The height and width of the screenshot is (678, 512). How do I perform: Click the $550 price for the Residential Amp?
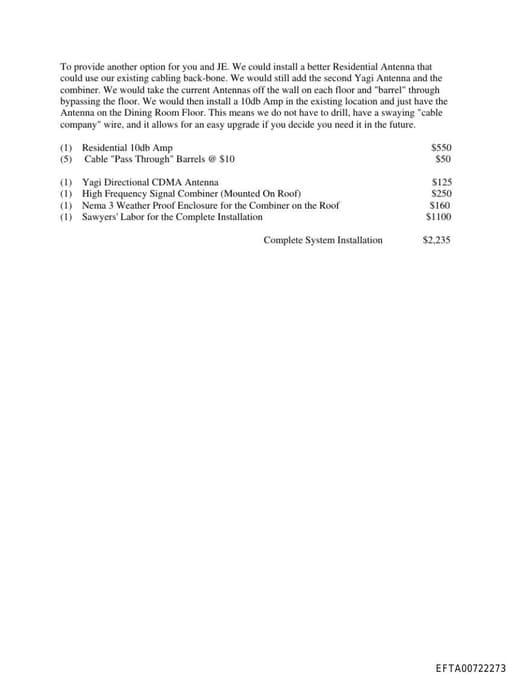coord(440,148)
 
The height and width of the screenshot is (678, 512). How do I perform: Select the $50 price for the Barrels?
coord(443,159)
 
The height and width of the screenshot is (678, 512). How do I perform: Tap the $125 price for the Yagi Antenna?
coord(441,183)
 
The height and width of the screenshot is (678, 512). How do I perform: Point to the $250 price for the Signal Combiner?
coord(441,194)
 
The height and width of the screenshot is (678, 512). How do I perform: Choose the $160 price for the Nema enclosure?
coord(440,205)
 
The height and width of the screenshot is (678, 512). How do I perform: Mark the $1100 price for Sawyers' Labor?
coord(438,216)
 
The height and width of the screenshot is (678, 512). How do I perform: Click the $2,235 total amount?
coord(436,240)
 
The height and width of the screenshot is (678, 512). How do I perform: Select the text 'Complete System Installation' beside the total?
coord(322,240)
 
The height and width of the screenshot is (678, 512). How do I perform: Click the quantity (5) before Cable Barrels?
coord(66,159)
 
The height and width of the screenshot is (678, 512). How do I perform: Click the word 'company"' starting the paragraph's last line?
coord(79,125)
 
